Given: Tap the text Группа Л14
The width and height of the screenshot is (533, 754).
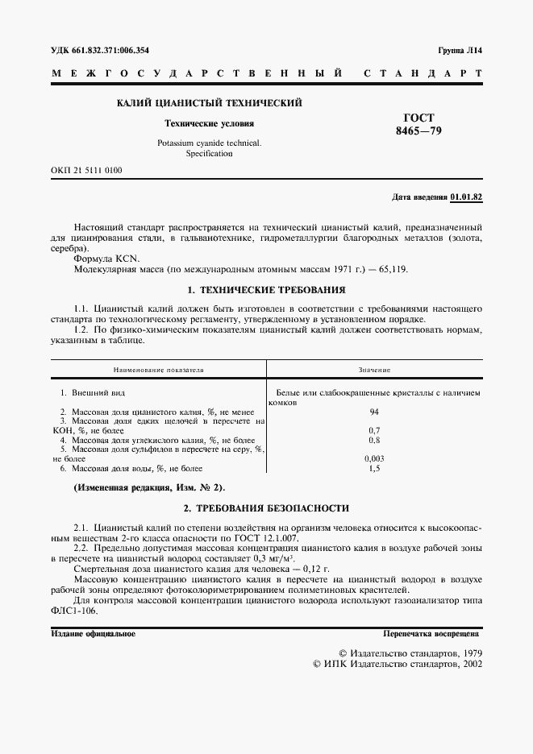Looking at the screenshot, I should [x=460, y=51].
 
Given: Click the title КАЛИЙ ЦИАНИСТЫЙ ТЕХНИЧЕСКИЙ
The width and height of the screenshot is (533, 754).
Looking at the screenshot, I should [x=209, y=103].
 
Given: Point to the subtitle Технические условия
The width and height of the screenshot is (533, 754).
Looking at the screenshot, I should [x=209, y=124].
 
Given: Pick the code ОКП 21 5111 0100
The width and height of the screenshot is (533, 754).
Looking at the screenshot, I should [x=87, y=170].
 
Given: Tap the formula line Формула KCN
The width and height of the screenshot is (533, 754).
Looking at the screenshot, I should [x=106, y=259].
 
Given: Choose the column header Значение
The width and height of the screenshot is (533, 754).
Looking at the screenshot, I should [x=374, y=370].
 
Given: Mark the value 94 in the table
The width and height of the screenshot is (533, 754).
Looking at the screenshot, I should [x=374, y=412].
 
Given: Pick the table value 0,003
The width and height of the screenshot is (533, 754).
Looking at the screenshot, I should [x=374, y=458].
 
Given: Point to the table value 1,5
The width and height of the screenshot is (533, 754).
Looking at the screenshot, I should [x=374, y=468].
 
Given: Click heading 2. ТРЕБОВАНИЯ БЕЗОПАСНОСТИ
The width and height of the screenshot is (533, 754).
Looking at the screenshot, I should [x=266, y=508].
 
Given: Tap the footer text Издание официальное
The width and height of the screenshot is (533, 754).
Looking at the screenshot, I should [x=93, y=634].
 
